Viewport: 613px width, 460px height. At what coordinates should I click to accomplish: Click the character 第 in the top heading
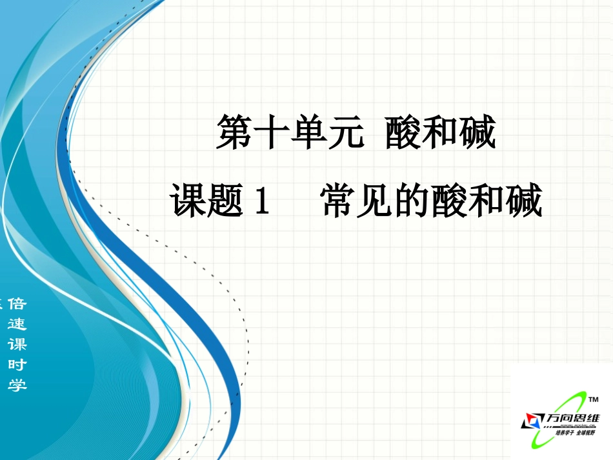(234, 134)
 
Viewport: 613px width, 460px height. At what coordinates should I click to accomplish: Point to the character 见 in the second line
(377, 200)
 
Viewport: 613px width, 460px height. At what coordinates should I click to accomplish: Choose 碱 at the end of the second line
(525, 200)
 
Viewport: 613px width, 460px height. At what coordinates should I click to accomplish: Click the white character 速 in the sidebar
(17, 325)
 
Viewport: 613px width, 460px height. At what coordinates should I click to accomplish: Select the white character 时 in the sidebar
(17, 365)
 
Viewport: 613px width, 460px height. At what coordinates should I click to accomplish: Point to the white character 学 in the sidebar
(17, 385)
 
